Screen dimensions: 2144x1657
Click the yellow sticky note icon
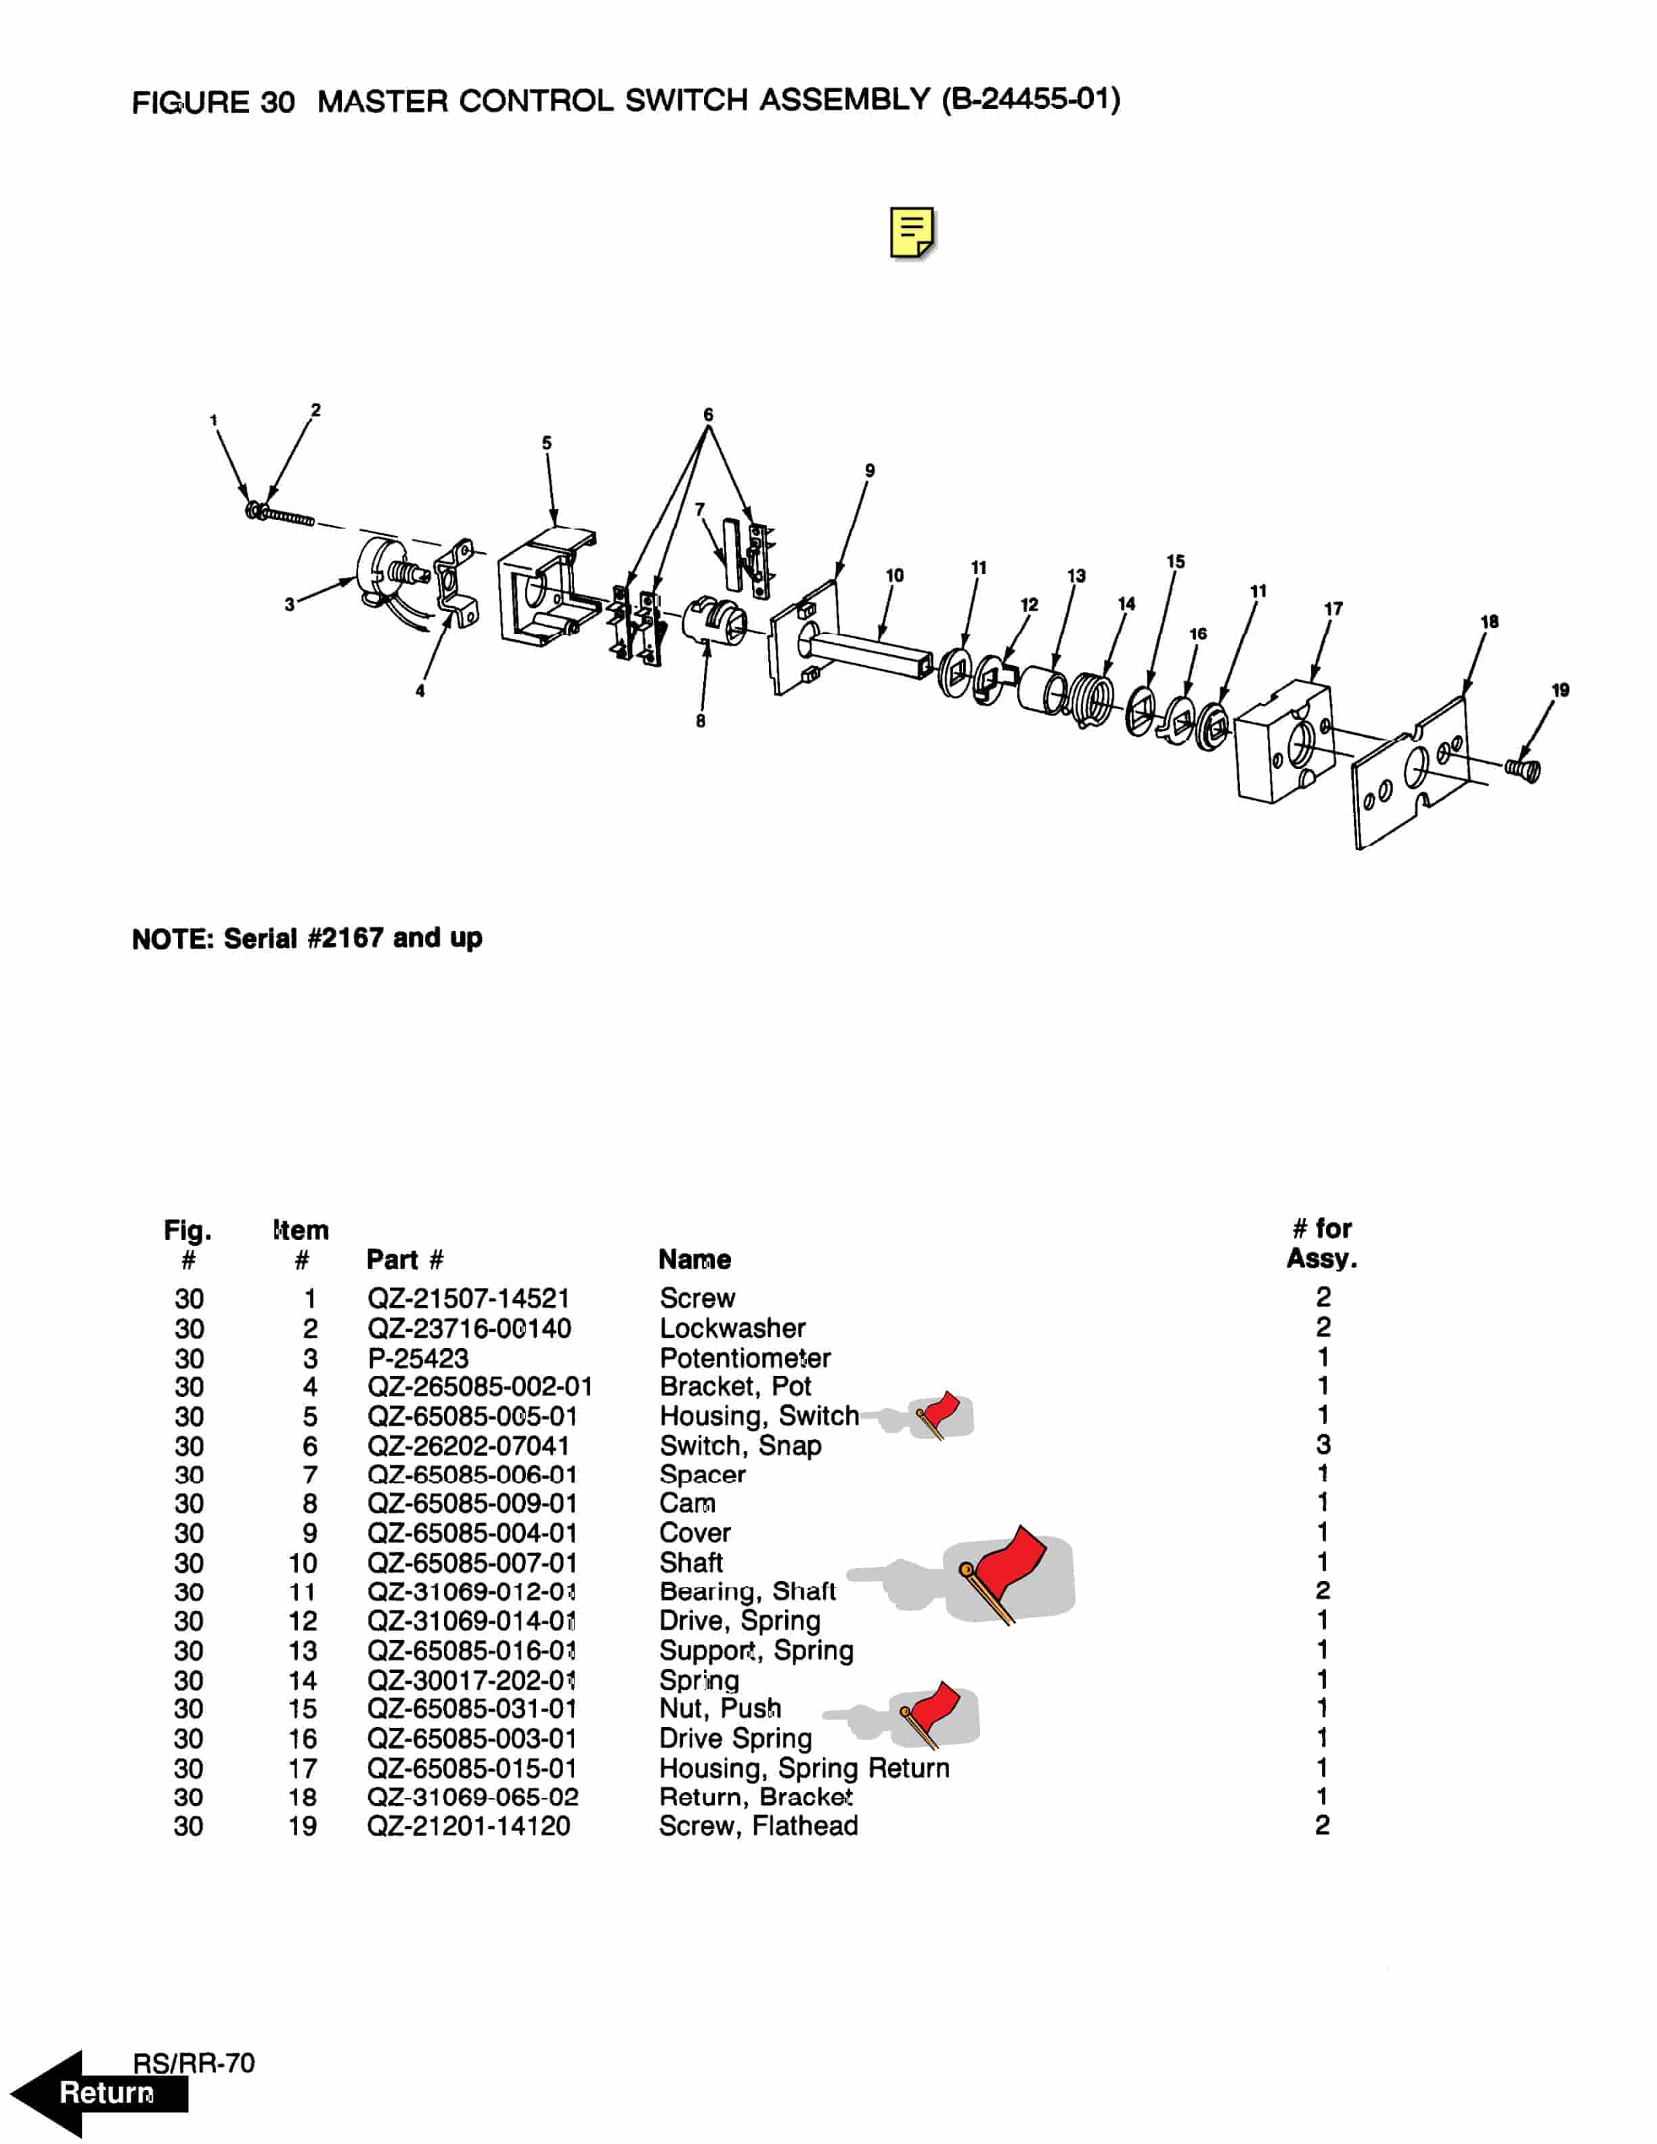pos(912,233)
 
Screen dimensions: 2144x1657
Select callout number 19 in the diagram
pos(1560,690)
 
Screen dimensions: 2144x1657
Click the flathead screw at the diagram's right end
pos(1524,769)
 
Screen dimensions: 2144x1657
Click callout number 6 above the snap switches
pos(708,414)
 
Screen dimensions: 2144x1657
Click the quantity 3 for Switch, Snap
pos(1322,1444)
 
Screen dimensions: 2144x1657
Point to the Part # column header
pos(404,1259)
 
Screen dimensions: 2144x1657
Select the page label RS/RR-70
pos(194,2063)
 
